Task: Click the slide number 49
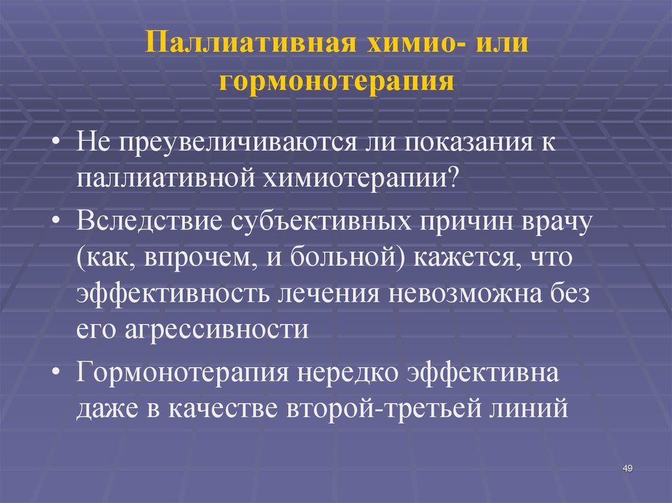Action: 626,467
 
